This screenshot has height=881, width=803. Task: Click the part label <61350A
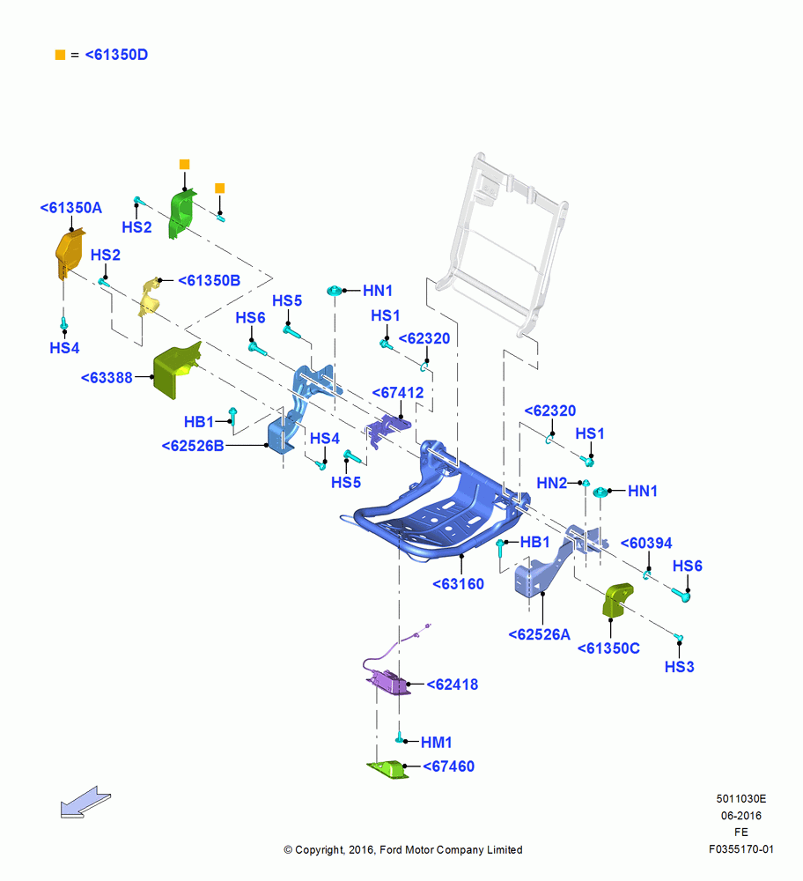click(x=70, y=208)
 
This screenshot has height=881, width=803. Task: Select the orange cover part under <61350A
click(x=69, y=254)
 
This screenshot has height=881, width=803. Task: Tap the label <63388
click(x=107, y=378)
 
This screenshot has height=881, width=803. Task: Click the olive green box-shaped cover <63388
click(x=176, y=370)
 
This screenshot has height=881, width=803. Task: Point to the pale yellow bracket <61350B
click(x=150, y=296)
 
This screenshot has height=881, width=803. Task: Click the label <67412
click(x=398, y=393)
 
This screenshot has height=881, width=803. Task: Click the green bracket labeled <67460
click(x=388, y=770)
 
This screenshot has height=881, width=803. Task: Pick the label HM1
click(x=437, y=742)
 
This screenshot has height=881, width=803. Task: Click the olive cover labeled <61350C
click(x=617, y=600)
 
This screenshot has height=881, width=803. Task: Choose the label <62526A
click(x=539, y=635)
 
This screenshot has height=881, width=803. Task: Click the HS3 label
click(x=680, y=667)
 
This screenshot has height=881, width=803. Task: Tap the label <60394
click(x=645, y=544)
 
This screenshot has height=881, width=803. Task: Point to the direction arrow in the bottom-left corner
click(x=85, y=802)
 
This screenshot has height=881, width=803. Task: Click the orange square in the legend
click(x=60, y=55)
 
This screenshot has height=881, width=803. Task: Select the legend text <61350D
click(x=116, y=55)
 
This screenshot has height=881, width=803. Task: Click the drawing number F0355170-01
click(x=740, y=849)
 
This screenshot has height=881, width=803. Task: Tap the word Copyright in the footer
click(x=320, y=850)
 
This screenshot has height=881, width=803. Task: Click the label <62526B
click(x=193, y=446)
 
